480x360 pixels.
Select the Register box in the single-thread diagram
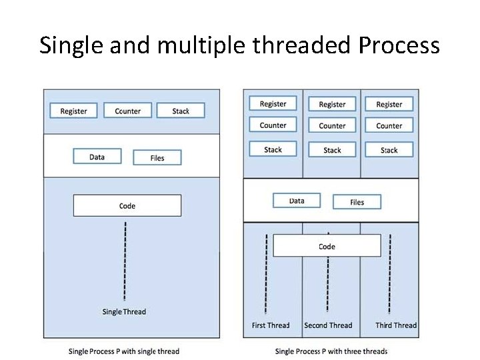point(73,111)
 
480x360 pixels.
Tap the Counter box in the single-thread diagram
point(127,111)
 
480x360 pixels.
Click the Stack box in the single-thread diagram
point(181,111)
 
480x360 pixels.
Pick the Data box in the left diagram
point(97,157)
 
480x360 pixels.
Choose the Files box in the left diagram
point(157,158)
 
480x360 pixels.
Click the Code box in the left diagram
point(127,205)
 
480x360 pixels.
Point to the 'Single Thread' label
point(124,311)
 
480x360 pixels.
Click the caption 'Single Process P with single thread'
point(124,351)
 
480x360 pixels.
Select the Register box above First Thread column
point(273,104)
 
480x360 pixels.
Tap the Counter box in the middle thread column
point(332,125)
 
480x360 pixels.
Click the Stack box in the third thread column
point(389,150)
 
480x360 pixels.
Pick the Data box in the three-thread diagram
point(297,201)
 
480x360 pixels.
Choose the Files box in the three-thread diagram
point(357,202)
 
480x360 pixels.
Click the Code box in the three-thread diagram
point(327,246)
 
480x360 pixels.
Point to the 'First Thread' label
point(271,325)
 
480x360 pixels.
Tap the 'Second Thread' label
point(328,325)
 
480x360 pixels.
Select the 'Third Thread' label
point(395,325)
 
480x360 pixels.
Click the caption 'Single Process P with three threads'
point(331,351)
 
